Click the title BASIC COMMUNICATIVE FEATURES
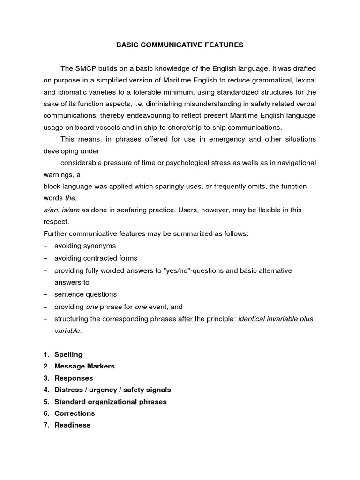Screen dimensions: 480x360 point(180,45)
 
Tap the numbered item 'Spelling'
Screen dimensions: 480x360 point(68,354)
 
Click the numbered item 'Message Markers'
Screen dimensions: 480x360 point(84,366)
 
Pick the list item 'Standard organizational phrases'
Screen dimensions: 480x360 point(110,402)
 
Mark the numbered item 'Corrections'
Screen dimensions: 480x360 point(75,413)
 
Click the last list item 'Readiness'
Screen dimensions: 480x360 point(72,425)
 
